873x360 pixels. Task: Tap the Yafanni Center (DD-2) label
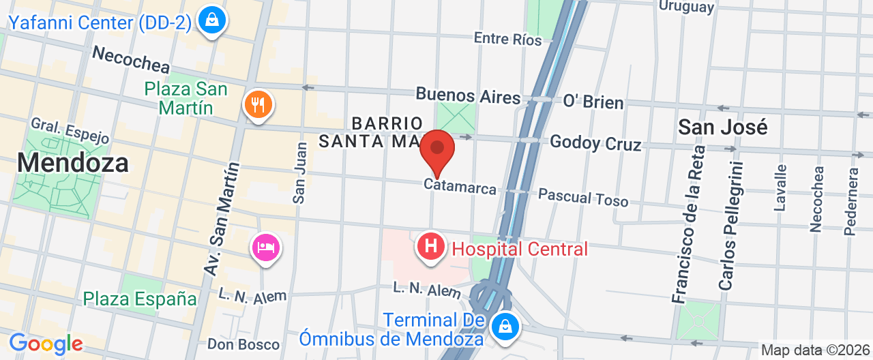pyautogui.click(x=100, y=22)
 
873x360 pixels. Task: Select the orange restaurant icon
pyautogui.click(x=258, y=105)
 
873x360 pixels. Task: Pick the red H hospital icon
pyautogui.click(x=431, y=245)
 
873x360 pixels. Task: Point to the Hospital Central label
pyautogui.click(x=520, y=250)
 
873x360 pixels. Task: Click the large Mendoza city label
pyautogui.click(x=73, y=163)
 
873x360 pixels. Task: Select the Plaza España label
pyautogui.click(x=140, y=299)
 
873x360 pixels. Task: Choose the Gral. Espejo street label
pyautogui.click(x=70, y=130)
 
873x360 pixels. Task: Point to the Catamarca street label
pyautogui.click(x=460, y=186)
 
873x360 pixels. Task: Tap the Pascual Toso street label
pyautogui.click(x=583, y=198)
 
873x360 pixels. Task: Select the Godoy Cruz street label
pyautogui.click(x=595, y=143)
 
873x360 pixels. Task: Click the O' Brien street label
pyautogui.click(x=593, y=102)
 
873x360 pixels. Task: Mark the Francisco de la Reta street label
pyautogui.click(x=687, y=224)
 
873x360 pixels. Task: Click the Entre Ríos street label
pyautogui.click(x=507, y=39)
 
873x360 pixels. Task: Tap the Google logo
pyautogui.click(x=46, y=344)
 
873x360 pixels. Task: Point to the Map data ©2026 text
pyautogui.click(x=814, y=350)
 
